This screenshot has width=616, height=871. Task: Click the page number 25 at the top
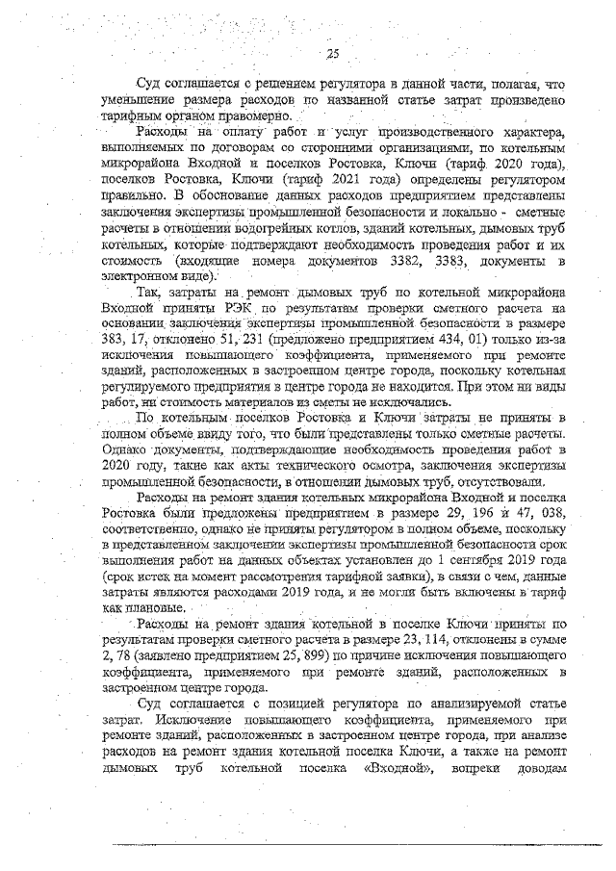333,54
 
